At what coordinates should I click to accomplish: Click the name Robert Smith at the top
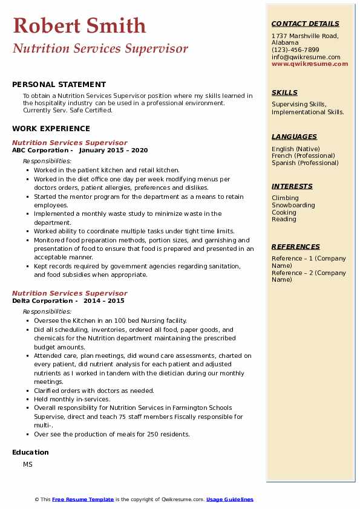pos(79,25)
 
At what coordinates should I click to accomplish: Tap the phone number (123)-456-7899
pos(295,50)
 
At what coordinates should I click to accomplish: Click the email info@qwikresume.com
pos(306,57)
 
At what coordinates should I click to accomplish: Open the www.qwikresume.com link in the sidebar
pos(310,64)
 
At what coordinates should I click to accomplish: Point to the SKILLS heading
pos(284,92)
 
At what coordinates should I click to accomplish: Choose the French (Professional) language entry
pos(304,156)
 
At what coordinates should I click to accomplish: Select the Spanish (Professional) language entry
pos(305,163)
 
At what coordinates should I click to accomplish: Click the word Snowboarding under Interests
pos(293,206)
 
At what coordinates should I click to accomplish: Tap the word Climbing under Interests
pos(285,198)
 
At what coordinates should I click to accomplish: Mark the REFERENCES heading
pos(296,247)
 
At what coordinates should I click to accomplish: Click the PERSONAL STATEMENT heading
pos(59,85)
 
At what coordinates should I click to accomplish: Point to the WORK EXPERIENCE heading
pos(51,129)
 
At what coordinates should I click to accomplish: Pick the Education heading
pos(30,452)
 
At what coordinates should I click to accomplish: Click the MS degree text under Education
pos(28,464)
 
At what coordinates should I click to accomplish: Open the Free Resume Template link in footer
pos(83,499)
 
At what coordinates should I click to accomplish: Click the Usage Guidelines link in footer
pos(230,499)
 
